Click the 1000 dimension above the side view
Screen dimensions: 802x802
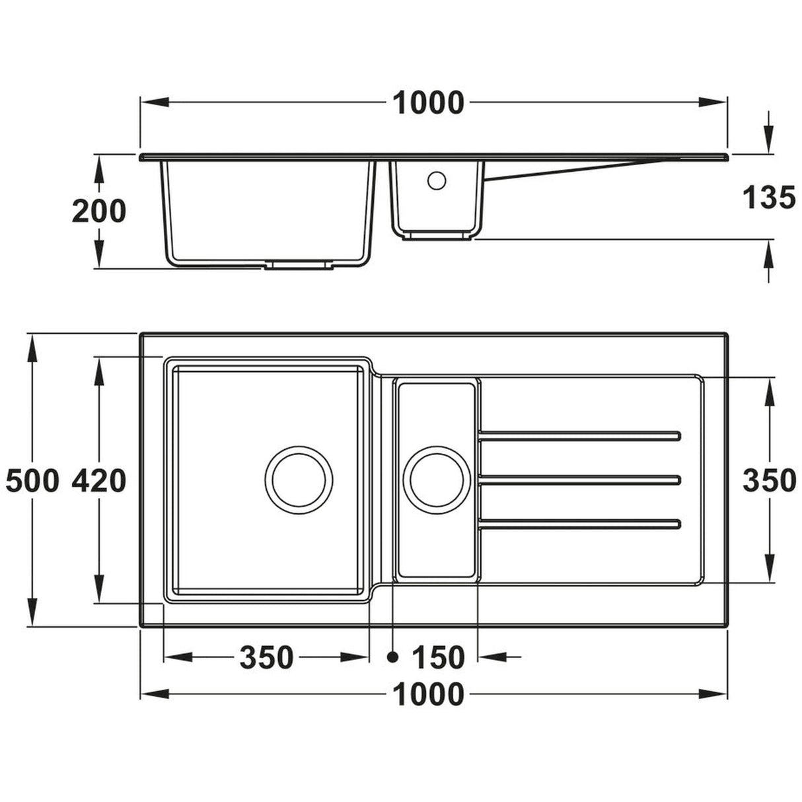point(429,103)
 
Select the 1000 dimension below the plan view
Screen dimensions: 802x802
point(429,694)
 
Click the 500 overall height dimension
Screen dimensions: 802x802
point(32,481)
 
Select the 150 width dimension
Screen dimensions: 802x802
point(438,657)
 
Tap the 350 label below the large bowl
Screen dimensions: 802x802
point(266,657)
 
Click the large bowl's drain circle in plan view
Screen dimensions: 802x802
point(299,480)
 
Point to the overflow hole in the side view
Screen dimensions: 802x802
point(437,180)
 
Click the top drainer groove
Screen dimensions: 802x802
point(579,435)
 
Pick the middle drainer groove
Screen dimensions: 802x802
point(579,480)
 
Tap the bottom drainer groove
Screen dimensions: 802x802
point(579,525)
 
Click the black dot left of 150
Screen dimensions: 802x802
point(393,657)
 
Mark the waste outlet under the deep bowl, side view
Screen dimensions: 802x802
point(299,265)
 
